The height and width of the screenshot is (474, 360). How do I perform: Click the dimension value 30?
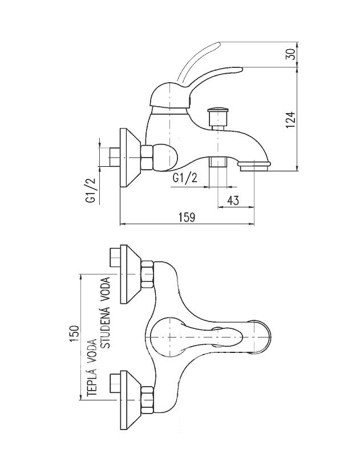[290, 54]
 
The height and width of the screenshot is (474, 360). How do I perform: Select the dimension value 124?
[290, 120]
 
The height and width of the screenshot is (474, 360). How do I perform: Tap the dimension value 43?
[233, 200]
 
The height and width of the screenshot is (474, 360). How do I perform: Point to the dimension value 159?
[187, 218]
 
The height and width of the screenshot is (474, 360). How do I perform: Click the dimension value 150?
[74, 334]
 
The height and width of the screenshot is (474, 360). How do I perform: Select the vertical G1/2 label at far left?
[91, 190]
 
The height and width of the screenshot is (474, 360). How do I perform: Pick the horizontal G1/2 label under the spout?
[185, 178]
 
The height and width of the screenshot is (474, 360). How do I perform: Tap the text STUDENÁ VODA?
[106, 313]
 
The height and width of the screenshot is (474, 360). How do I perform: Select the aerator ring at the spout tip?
[254, 166]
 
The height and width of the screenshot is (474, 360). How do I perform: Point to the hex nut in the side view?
[147, 157]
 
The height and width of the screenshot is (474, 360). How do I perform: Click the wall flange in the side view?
[130, 158]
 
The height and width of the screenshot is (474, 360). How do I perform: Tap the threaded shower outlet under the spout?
[217, 162]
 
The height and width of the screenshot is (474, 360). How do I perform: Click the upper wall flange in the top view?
[130, 274]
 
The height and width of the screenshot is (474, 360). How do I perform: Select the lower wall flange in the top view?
[130, 400]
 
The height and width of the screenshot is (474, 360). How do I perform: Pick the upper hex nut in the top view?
[148, 274]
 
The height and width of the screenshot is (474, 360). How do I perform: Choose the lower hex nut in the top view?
[148, 400]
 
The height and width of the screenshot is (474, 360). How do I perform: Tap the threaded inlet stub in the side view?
[114, 157]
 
